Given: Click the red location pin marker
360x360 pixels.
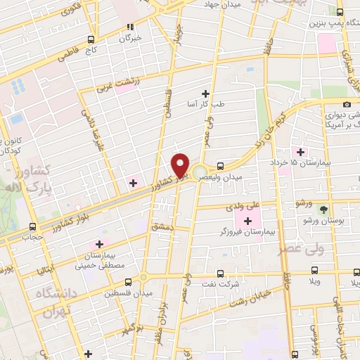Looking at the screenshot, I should pos(181,165).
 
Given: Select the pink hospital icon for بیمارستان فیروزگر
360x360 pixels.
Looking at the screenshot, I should pos(247,221).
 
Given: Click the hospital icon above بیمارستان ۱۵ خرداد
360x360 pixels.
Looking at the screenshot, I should pos(301,152).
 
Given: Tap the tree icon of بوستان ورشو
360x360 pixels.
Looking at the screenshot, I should pos(323,210).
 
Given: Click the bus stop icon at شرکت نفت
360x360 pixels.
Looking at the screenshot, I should pos(220,274).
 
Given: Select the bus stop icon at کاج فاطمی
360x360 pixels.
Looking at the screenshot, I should pos(90,40).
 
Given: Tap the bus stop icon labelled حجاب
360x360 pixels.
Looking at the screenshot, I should pos(32,226).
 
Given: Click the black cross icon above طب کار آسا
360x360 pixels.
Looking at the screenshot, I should pos(205,94).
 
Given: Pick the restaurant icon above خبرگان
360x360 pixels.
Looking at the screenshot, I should pos(129,27).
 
